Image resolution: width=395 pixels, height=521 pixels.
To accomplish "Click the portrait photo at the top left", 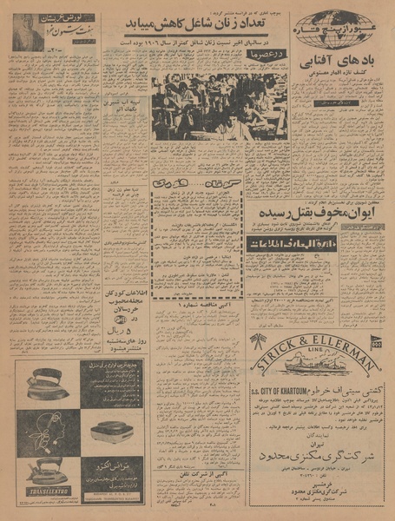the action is pos(24,33).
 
